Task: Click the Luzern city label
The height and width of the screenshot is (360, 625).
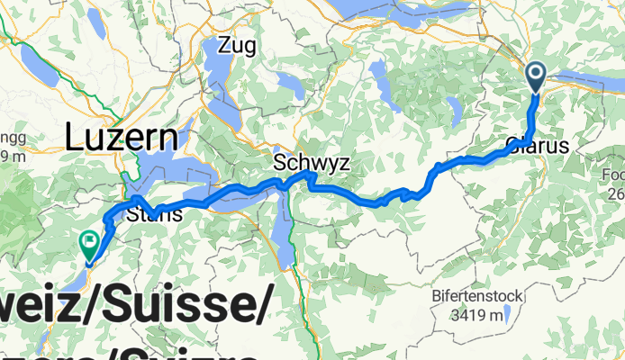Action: point(122,139)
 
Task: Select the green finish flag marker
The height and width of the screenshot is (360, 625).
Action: point(90,243)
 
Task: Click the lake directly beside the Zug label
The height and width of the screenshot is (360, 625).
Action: point(216,76)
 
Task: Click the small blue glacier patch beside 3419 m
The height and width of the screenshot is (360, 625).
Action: point(506,314)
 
